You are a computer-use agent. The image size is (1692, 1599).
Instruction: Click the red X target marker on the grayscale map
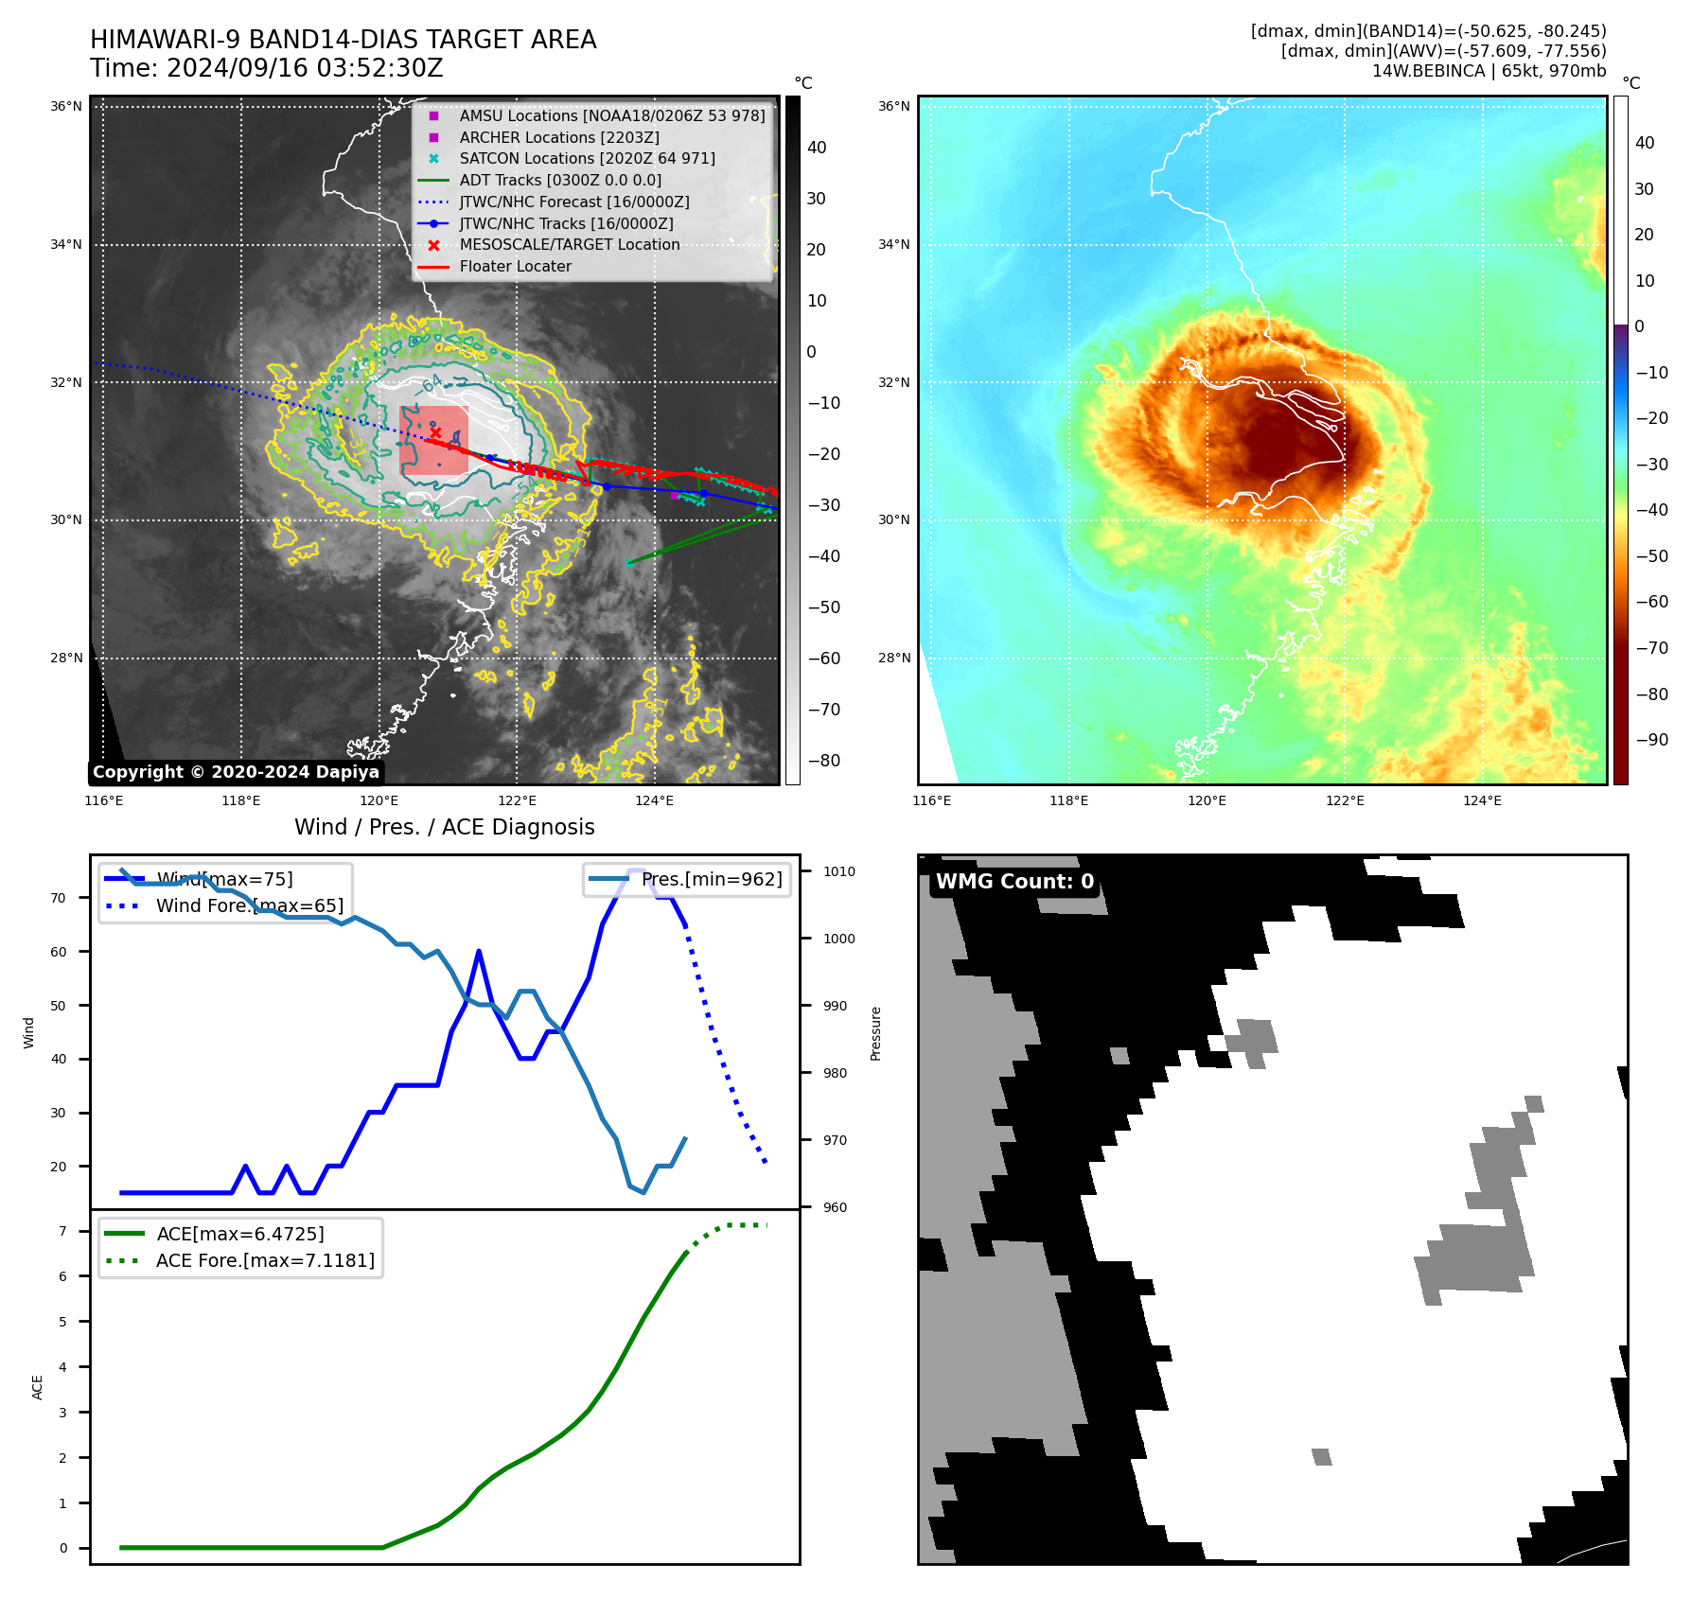[x=435, y=432]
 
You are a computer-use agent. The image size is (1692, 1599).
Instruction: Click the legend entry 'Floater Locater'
[x=515, y=267]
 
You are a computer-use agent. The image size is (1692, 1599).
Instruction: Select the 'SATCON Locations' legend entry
[x=587, y=159]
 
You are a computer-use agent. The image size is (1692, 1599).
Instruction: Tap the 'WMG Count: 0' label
[x=1014, y=882]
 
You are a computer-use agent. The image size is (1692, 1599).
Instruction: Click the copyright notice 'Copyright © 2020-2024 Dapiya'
[x=236, y=772]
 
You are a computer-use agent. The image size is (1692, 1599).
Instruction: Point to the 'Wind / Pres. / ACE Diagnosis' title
[x=444, y=827]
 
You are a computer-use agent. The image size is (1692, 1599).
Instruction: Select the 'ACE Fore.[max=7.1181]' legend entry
[x=265, y=1260]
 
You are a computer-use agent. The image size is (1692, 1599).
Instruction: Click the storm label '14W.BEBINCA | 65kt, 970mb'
[x=1489, y=71]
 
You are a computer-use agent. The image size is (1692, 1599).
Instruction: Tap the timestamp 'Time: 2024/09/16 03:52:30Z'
[x=266, y=68]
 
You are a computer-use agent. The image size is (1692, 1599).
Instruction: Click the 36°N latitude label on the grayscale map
[x=66, y=107]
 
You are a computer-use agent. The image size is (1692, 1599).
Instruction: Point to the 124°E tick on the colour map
[x=1482, y=800]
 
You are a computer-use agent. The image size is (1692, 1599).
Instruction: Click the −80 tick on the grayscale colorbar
[x=822, y=761]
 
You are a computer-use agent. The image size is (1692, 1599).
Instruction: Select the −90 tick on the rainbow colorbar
[x=1651, y=740]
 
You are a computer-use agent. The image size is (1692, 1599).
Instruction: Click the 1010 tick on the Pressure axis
[x=838, y=871]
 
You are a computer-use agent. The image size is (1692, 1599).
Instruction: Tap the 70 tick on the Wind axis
[x=59, y=898]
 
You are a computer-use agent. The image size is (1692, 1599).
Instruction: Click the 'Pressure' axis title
[x=875, y=1033]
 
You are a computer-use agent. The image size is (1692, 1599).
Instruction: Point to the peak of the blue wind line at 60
[x=479, y=951]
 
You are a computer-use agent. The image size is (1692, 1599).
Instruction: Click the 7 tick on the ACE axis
[x=62, y=1231]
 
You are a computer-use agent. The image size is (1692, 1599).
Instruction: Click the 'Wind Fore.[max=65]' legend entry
[x=249, y=906]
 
